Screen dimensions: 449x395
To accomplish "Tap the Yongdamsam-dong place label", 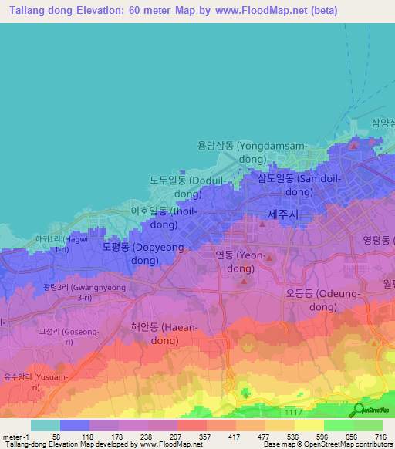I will point(241,152).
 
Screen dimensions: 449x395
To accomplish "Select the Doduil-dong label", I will point(177,187).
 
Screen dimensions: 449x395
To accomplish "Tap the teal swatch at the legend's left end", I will point(46,425).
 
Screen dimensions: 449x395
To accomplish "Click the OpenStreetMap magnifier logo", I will point(359,410).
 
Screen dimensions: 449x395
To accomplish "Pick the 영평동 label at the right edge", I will point(378,240).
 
